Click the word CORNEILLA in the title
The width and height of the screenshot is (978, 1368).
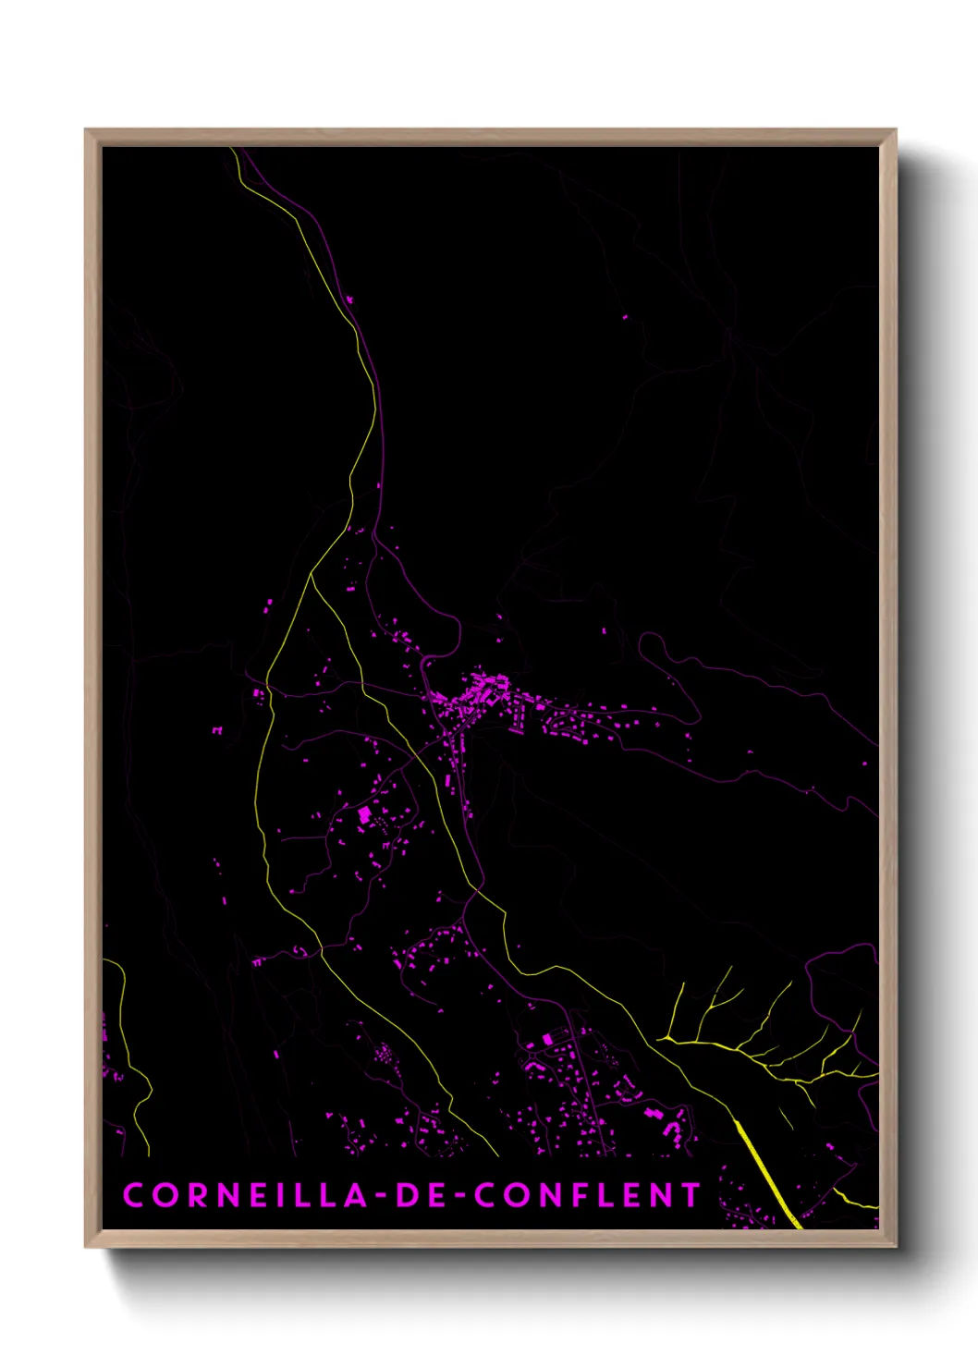click(x=244, y=1195)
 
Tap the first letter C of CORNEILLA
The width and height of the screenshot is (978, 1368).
click(x=133, y=1195)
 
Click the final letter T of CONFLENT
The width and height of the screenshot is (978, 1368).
click(x=690, y=1195)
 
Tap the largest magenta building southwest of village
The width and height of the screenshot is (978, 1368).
click(x=364, y=814)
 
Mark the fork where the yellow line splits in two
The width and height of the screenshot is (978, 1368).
click(x=312, y=574)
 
